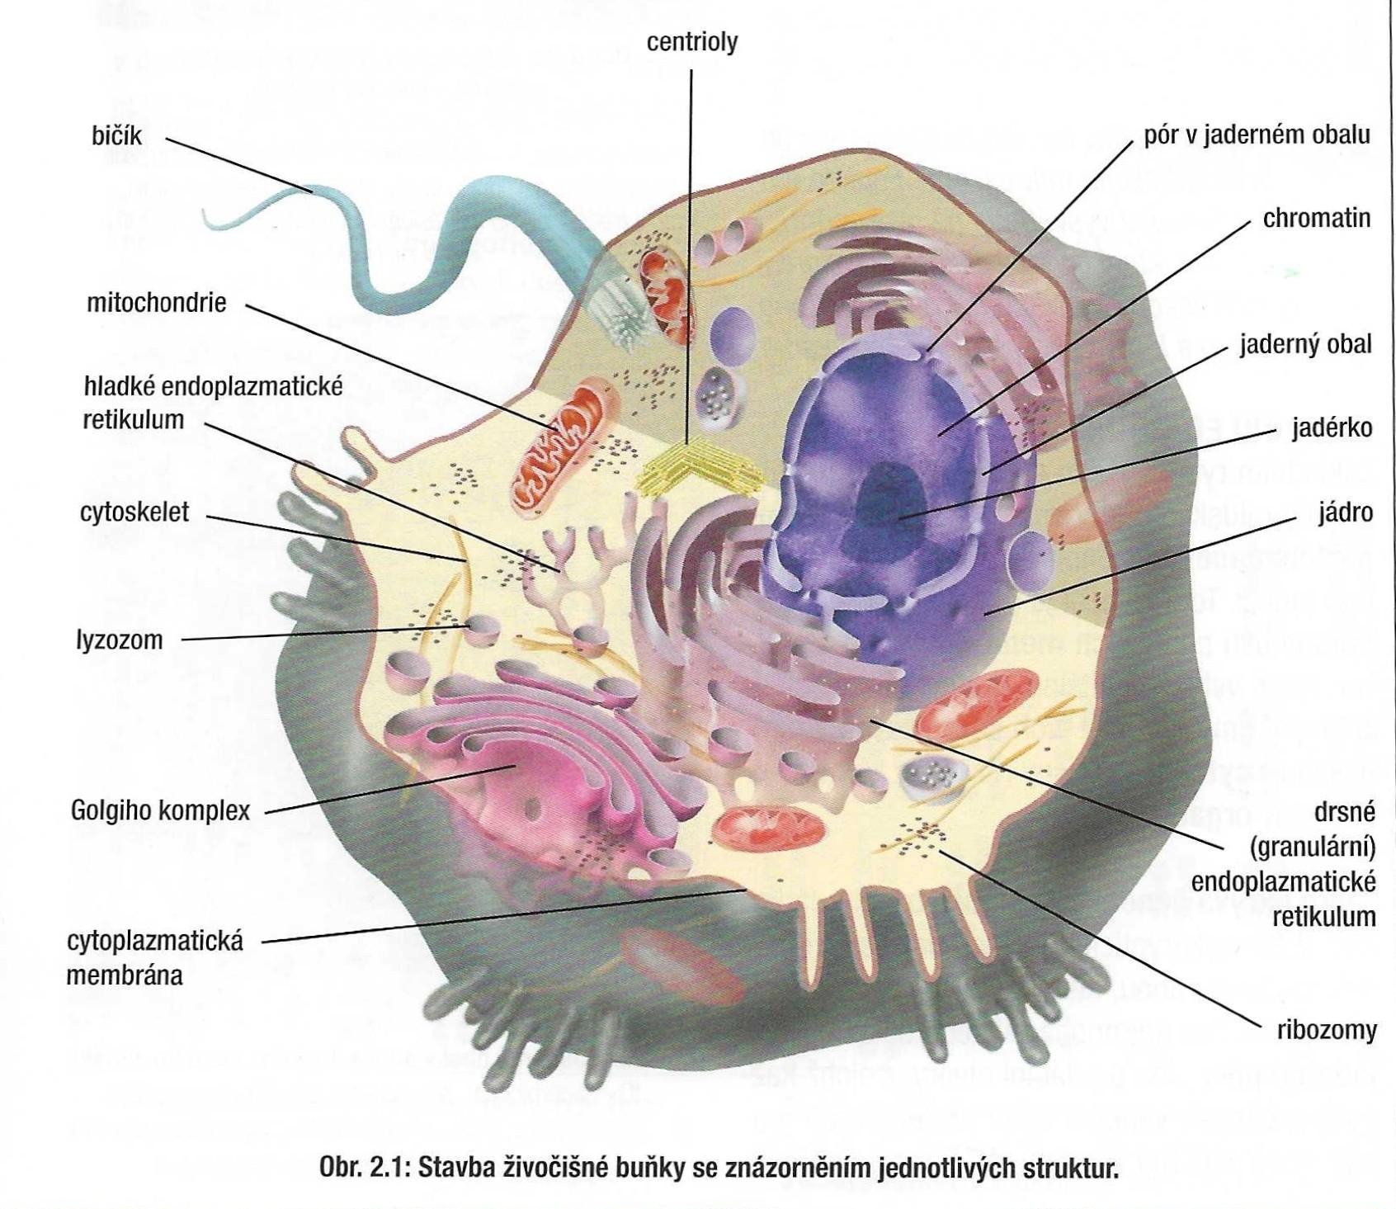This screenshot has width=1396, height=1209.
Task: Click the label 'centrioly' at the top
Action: pos(691,42)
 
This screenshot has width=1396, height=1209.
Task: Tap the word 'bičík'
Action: pos(116,135)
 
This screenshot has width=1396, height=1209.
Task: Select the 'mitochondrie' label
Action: pos(156,303)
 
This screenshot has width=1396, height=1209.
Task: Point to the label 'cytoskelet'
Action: pos(134,512)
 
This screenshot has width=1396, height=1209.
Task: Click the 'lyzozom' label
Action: pos(120,640)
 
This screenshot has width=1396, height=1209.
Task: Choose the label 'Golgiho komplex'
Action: pos(160,810)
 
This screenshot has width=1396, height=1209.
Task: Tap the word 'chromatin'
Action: pos(1316,219)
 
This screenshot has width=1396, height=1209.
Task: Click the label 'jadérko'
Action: pos(1332,427)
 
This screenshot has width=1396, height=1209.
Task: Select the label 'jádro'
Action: pos(1345,512)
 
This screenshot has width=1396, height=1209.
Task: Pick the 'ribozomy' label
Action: pos(1327,1030)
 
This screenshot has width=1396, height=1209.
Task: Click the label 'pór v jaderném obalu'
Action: pos(1256,135)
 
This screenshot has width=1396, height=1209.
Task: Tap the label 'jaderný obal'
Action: pos(1305,344)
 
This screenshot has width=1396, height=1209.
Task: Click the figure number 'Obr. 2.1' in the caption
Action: pos(363,1169)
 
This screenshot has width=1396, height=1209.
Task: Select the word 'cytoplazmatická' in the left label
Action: pos(155,941)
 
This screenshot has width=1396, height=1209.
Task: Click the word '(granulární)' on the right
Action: pos(1312,848)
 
